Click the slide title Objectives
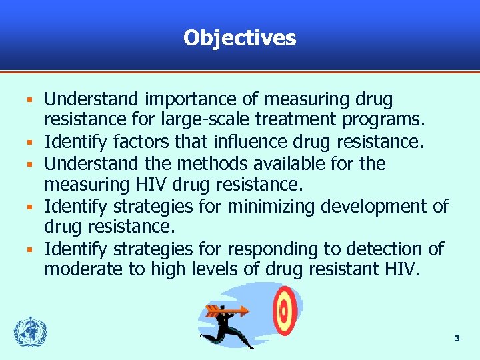[239, 38]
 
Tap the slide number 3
[457, 339]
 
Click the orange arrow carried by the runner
[227, 310]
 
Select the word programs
[390, 121]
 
